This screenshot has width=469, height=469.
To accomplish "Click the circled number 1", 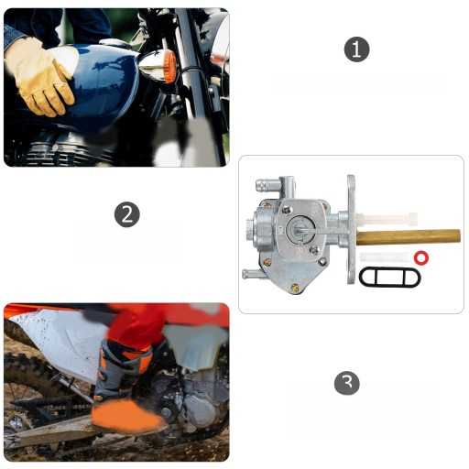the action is click(x=356, y=49).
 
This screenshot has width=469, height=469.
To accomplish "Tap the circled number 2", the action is click(x=127, y=214).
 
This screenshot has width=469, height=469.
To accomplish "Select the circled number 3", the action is click(x=347, y=383).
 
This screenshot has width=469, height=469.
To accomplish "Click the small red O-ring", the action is click(x=421, y=257).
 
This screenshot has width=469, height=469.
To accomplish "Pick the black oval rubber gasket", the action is click(x=389, y=277).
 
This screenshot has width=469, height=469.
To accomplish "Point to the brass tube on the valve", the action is click(x=409, y=237).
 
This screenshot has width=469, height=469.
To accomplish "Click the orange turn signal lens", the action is click(x=169, y=67).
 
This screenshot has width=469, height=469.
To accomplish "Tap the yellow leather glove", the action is click(x=39, y=77).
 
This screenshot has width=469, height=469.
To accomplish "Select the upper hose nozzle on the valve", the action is click(x=267, y=185).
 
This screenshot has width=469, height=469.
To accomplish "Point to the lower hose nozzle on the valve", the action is click(x=253, y=273).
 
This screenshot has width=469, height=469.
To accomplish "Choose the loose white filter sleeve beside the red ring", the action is click(x=385, y=257).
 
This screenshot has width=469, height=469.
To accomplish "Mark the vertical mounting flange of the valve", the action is click(x=351, y=230).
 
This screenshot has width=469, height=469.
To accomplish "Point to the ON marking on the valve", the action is click(x=279, y=230).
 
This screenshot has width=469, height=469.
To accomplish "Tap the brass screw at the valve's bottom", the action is click(x=295, y=287).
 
